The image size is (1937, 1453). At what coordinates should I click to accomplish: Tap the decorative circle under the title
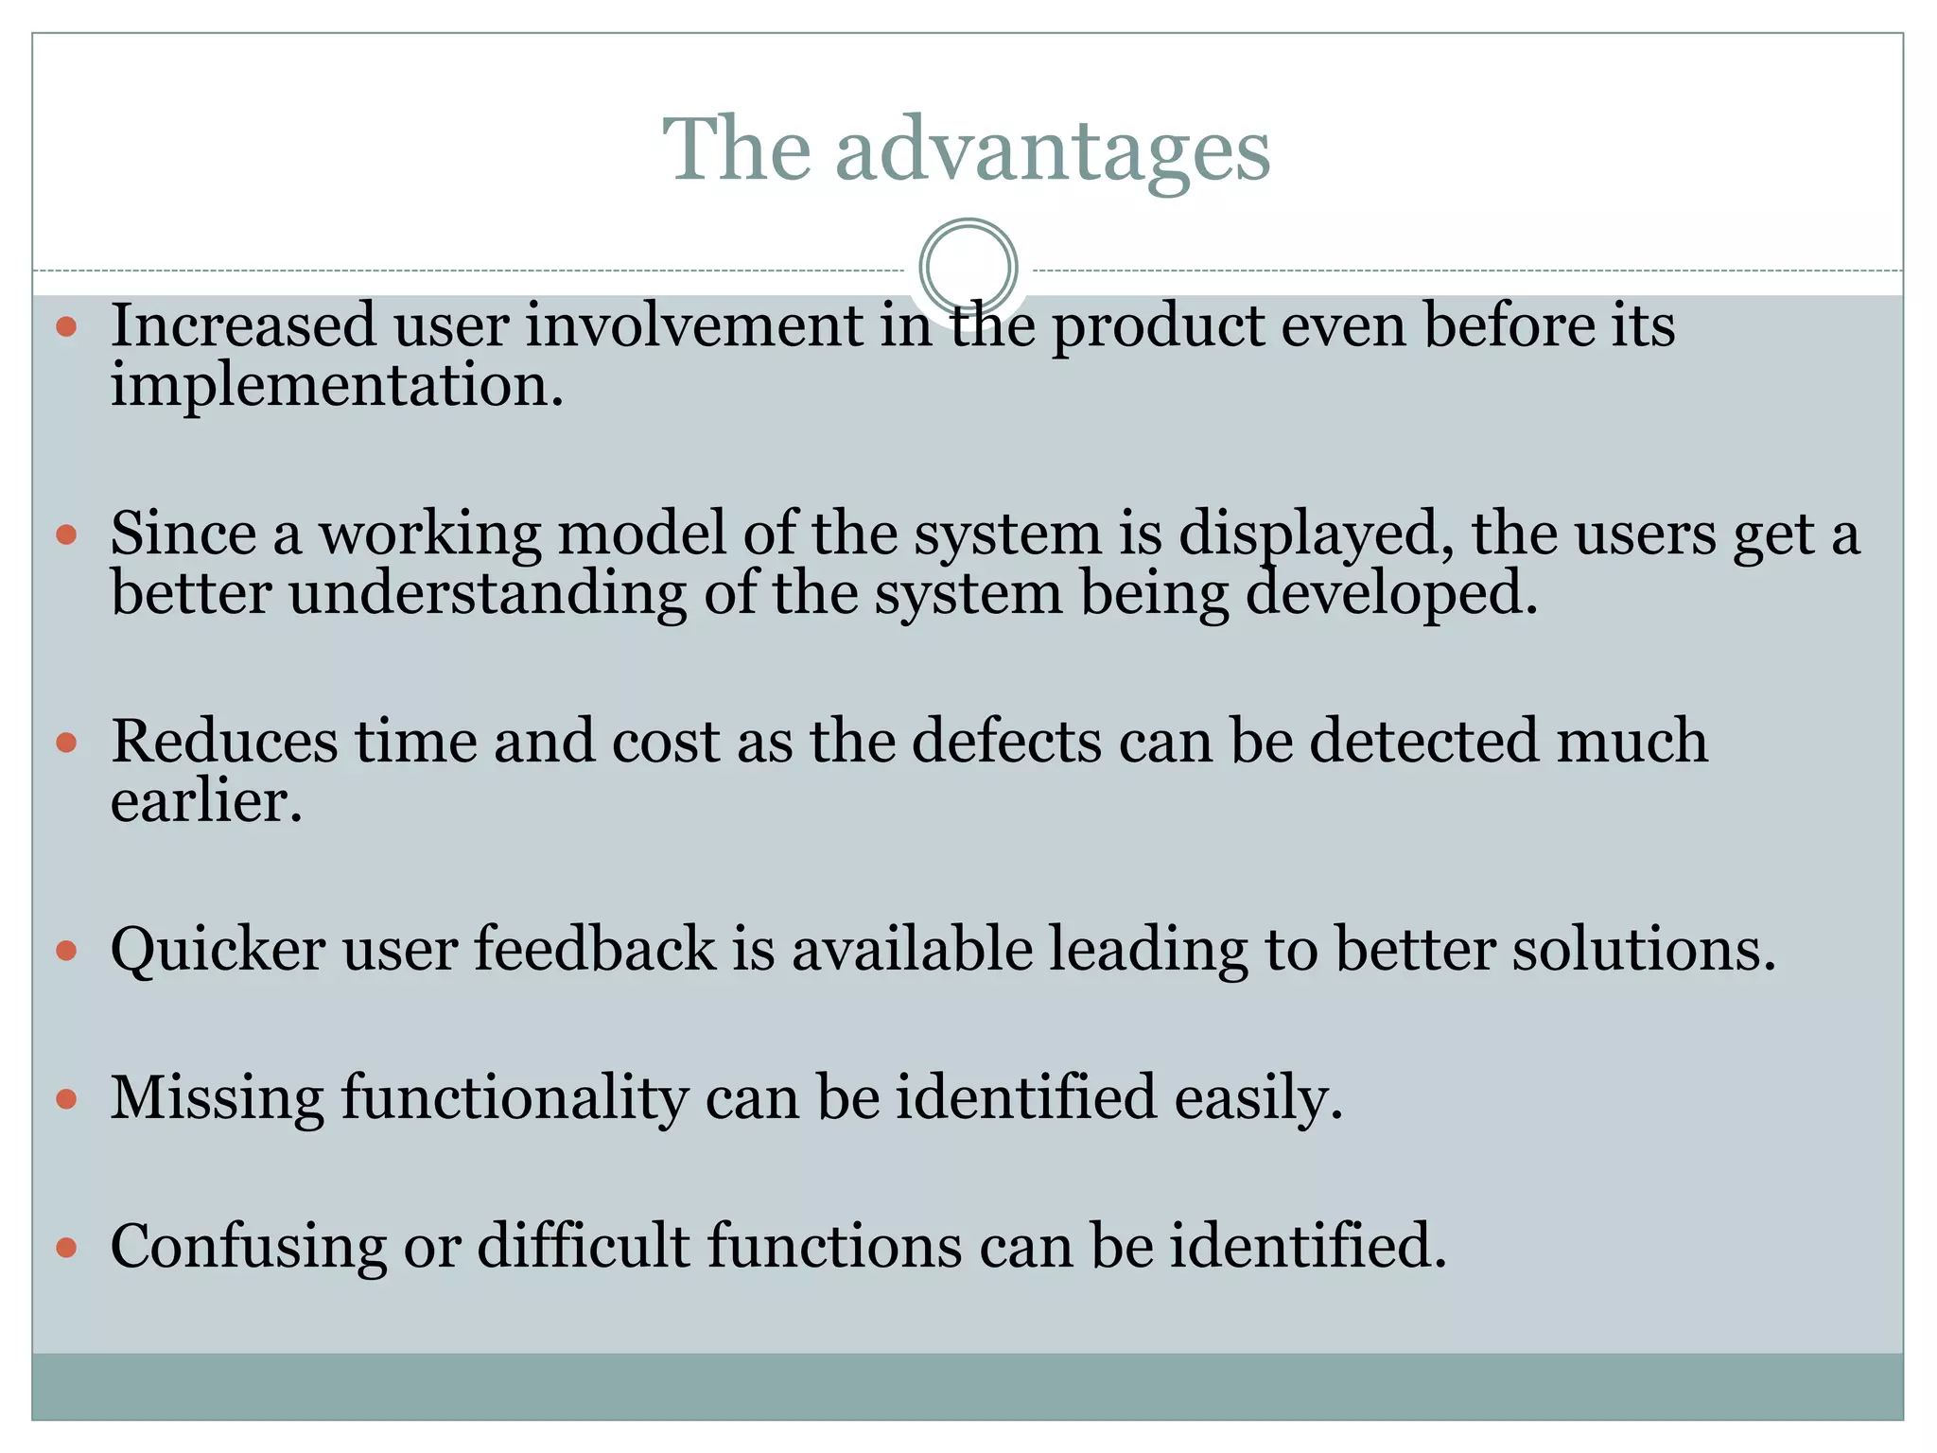(x=968, y=268)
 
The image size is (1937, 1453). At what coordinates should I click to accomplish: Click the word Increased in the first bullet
(x=243, y=325)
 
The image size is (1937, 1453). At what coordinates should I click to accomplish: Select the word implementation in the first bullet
(x=336, y=388)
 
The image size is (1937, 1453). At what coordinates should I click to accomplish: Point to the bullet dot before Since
(x=66, y=535)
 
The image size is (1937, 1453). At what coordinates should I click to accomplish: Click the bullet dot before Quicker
(x=66, y=951)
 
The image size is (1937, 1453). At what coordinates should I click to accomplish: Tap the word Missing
(x=217, y=1098)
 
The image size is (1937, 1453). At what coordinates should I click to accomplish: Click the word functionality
(x=515, y=1100)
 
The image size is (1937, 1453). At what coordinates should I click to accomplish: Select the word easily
(x=1258, y=1100)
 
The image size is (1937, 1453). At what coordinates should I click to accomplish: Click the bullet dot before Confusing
(x=66, y=1248)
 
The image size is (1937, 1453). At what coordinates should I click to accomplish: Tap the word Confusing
(x=248, y=1248)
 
